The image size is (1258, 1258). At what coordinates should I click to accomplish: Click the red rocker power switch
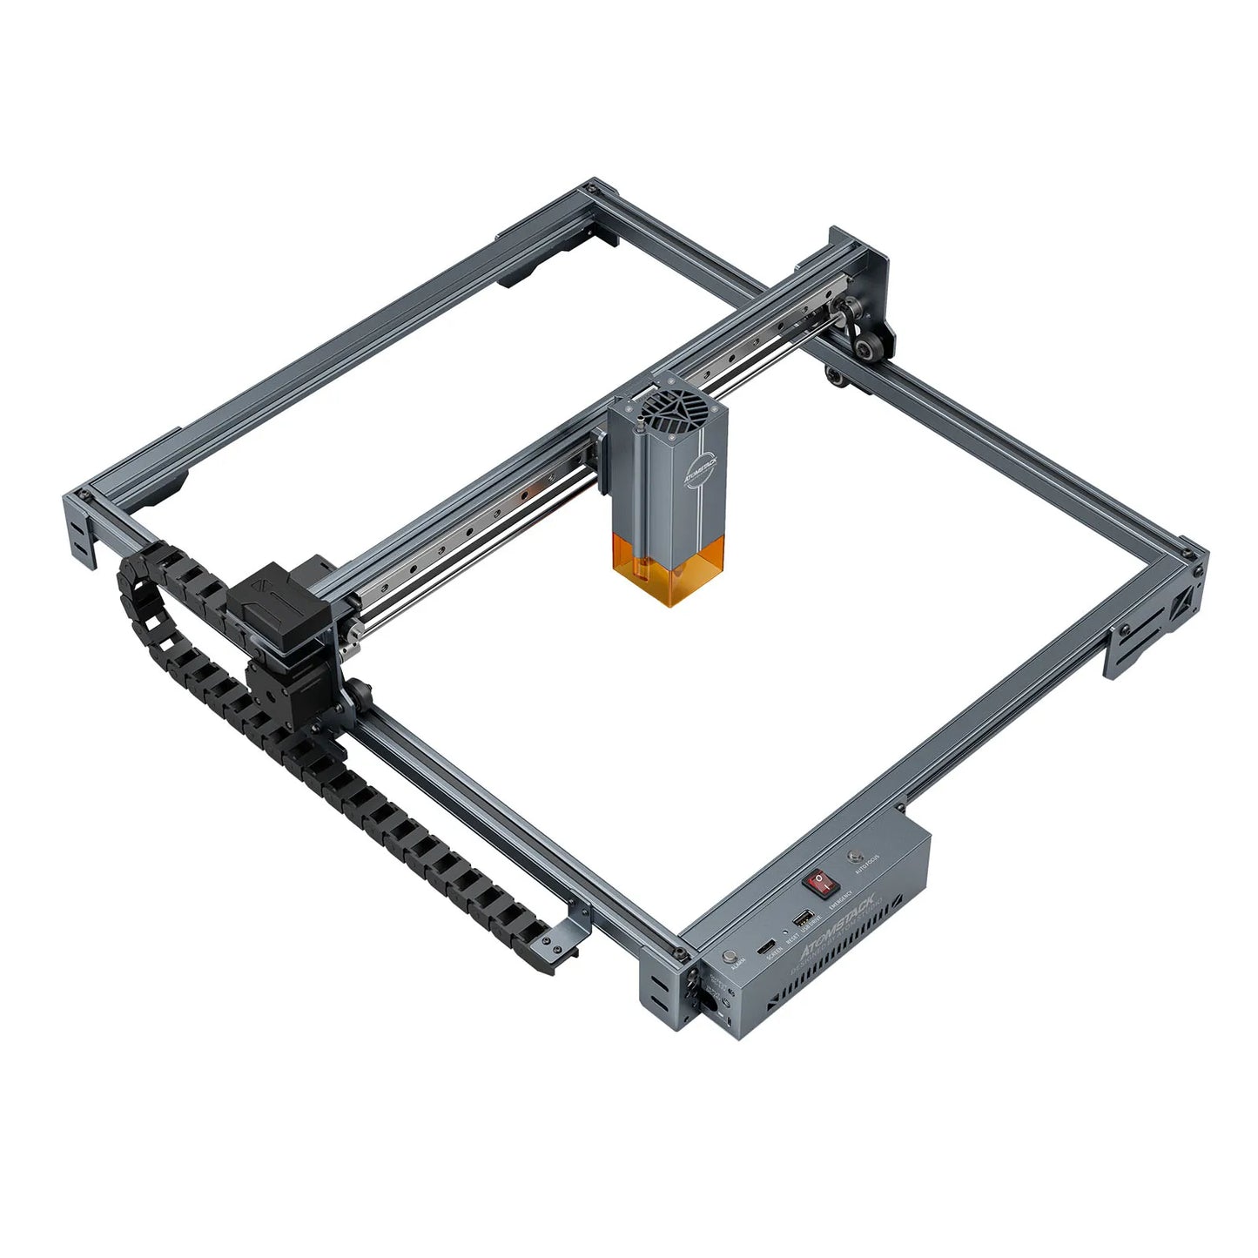(821, 883)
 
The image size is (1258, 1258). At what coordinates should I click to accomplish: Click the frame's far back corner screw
(592, 186)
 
